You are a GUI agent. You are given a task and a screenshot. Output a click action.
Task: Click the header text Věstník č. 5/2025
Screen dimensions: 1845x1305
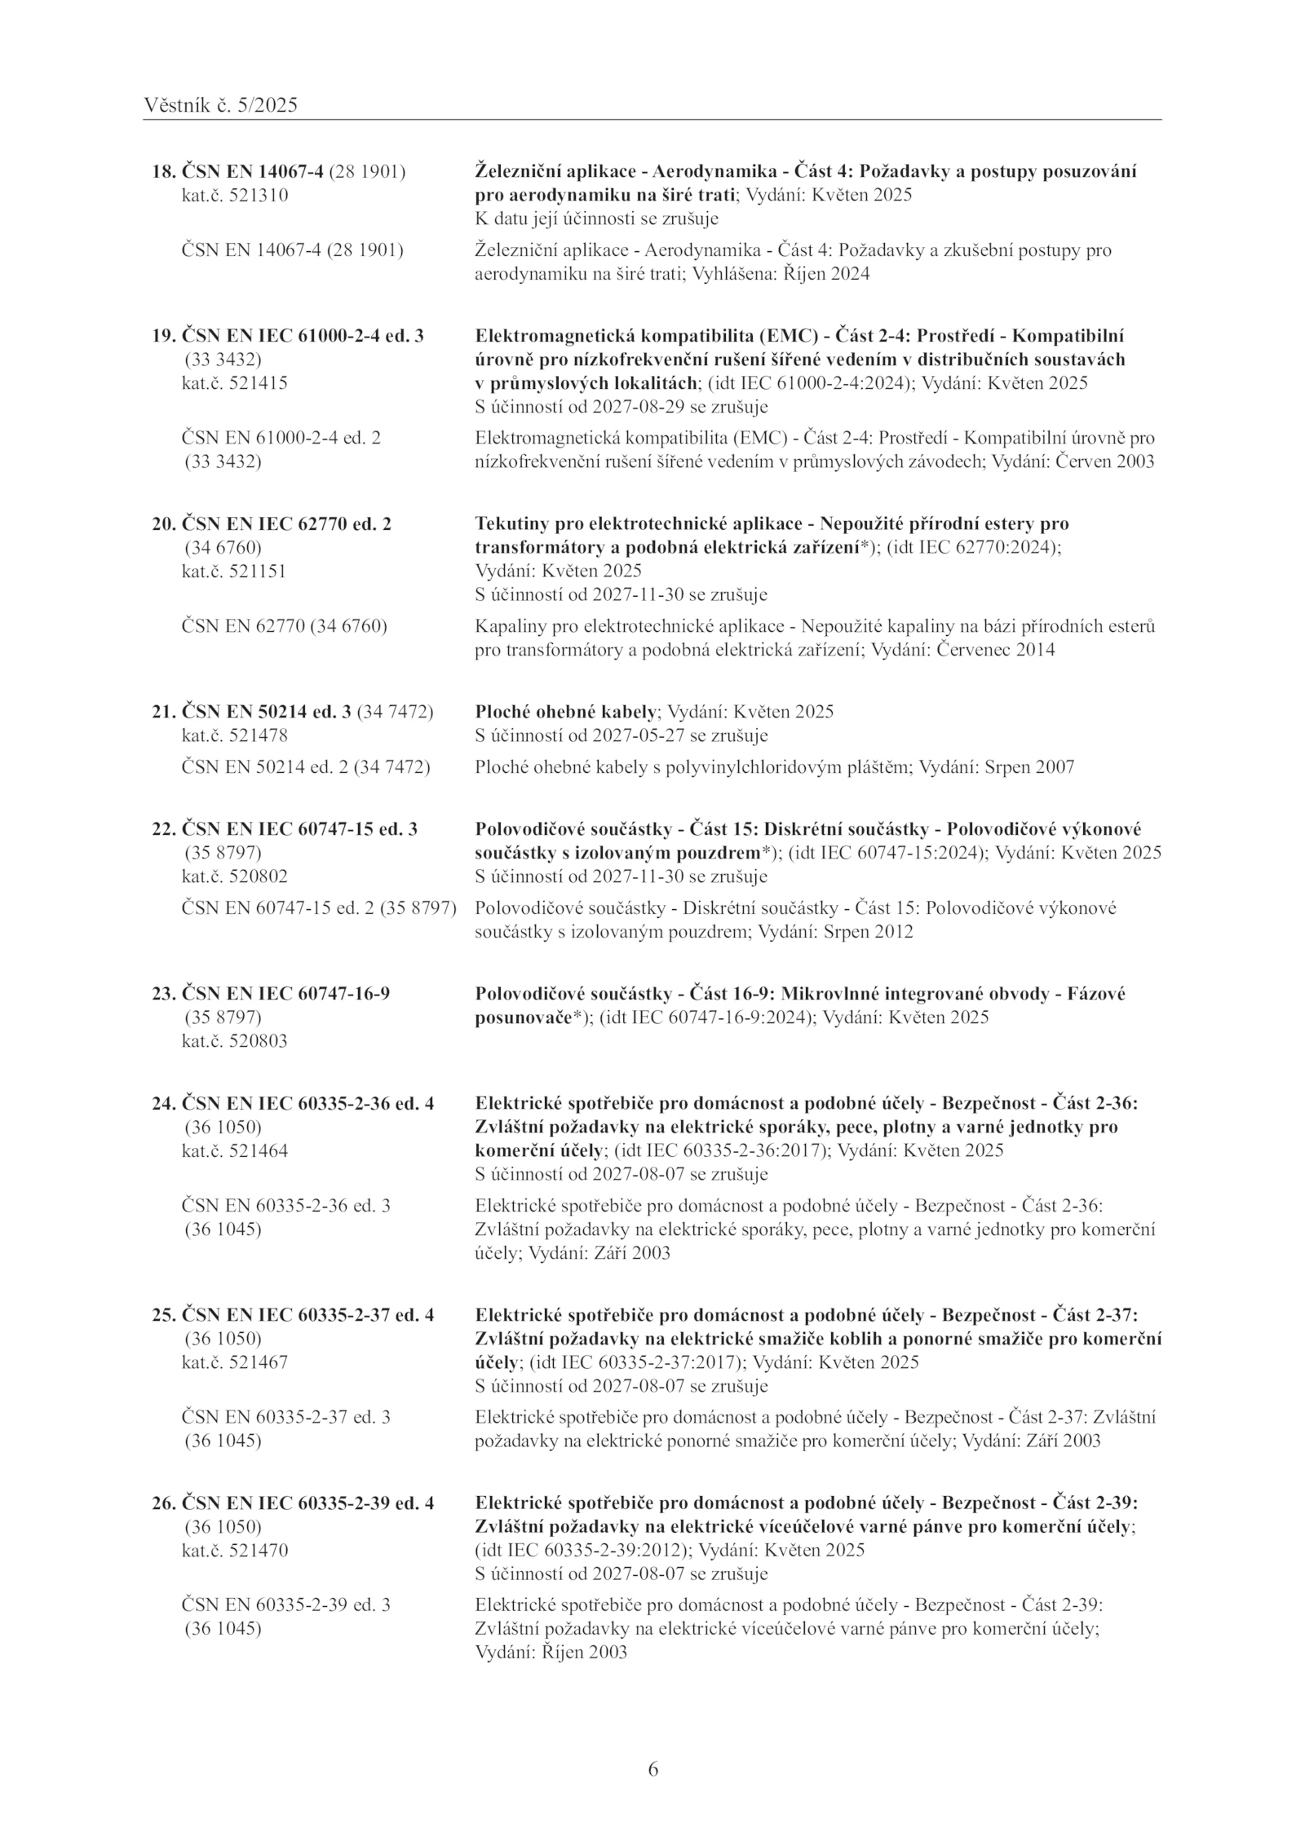coord(220,105)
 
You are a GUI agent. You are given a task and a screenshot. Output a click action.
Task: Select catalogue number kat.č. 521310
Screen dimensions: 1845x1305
coord(234,196)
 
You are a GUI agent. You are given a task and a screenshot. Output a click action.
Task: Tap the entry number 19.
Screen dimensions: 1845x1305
coord(162,336)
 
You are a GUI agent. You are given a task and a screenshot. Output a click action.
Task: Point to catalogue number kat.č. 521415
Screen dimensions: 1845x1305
coord(234,383)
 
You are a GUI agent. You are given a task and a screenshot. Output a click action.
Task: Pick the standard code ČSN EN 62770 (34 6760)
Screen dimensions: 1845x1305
coord(284,626)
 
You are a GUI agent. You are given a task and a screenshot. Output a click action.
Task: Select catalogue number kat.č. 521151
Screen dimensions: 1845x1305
coord(234,571)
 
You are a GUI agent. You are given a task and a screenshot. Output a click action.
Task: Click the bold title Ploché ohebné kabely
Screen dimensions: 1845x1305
coord(565,712)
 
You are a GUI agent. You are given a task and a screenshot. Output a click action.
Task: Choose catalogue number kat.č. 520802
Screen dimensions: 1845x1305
coord(234,876)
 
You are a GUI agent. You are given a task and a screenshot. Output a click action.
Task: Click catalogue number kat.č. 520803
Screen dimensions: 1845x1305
coord(234,1041)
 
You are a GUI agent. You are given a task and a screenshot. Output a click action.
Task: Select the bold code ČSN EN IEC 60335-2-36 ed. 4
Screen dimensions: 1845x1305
coord(307,1104)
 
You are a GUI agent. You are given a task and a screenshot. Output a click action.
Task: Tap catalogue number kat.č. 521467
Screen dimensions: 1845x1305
coord(234,1362)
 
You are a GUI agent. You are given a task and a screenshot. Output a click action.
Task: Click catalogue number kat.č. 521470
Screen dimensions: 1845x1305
coord(234,1550)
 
